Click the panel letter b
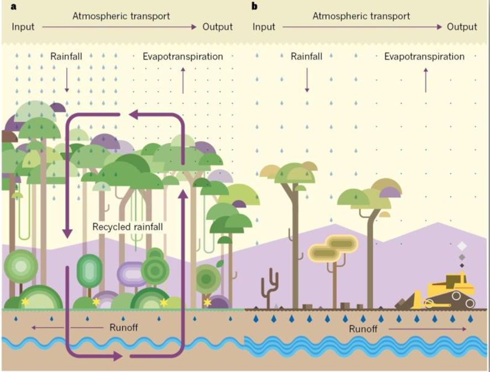254,7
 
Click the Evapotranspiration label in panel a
183,56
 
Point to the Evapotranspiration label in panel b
424,56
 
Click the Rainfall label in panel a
67,56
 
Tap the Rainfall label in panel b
307,56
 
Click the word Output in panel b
462,27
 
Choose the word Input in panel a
23,27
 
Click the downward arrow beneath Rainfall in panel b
307,80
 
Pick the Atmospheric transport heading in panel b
361,16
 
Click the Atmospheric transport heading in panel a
121,16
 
